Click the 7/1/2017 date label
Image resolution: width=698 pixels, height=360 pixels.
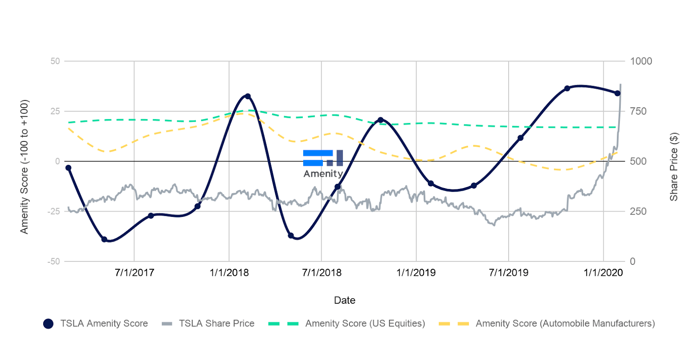134,273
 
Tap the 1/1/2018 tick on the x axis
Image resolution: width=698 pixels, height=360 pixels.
229,273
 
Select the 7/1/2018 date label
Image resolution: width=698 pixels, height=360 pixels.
322,273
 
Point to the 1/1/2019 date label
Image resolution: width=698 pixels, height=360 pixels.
416,273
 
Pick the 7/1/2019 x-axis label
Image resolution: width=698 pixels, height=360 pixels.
508,273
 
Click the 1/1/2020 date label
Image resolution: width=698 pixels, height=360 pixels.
603,273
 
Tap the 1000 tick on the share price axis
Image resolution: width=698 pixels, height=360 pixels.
641,61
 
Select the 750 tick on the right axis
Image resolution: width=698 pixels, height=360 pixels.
638,111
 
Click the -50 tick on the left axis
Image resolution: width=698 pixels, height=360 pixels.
54,261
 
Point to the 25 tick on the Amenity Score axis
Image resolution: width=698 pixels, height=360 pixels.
55,111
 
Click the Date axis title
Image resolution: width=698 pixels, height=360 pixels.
345,300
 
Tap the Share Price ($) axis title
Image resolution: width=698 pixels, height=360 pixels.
674,167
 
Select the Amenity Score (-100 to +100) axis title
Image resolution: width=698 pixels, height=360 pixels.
24,167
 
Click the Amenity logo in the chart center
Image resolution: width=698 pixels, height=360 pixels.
323,164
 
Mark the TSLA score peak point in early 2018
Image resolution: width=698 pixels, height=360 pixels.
248,96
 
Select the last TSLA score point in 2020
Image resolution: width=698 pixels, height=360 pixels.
617,93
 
